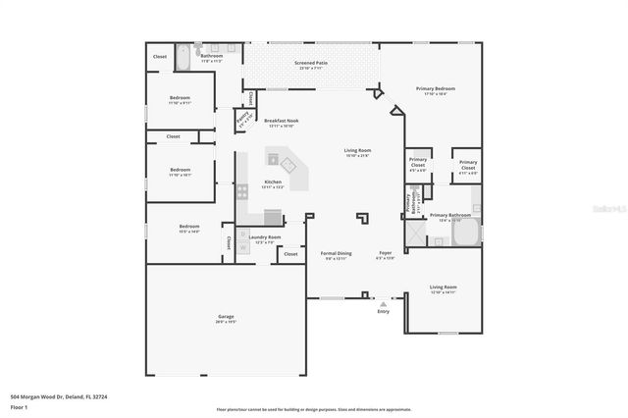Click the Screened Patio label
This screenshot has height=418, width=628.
tap(310, 63)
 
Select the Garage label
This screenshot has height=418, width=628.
tap(226, 317)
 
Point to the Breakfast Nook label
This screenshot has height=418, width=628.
tap(281, 121)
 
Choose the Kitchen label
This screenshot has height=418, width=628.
tap(273, 183)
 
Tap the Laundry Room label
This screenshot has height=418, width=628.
tap(265, 236)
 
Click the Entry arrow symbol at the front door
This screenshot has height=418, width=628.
tap(383, 303)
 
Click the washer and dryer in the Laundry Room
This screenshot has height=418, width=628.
tap(241, 242)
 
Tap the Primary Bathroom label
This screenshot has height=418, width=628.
tap(450, 215)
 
